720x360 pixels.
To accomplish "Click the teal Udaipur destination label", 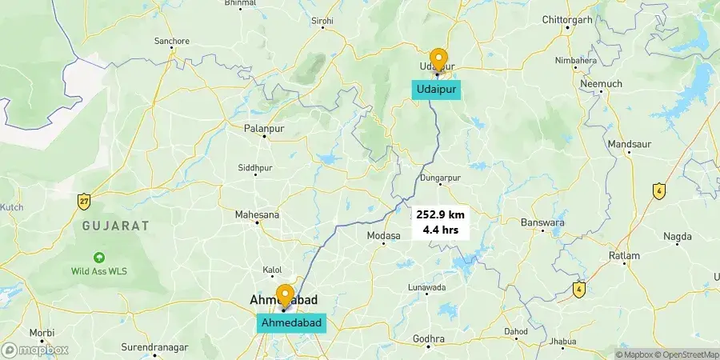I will tap(437, 90).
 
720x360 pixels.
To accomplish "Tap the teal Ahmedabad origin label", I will tap(292, 322).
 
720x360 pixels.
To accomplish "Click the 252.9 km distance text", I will tap(440, 214).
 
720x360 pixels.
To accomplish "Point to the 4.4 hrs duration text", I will tap(440, 230).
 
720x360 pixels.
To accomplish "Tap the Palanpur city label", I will tap(265, 127).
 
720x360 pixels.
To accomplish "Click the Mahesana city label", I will tap(257, 214).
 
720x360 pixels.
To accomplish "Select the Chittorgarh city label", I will tap(566, 19).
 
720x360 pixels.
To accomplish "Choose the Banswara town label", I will tap(543, 222).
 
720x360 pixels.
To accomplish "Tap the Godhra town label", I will tap(429, 339).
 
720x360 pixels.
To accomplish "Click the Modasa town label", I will tap(382, 235).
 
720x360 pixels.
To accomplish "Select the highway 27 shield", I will tap(84, 202).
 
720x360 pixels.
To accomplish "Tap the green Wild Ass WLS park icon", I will tap(99, 258).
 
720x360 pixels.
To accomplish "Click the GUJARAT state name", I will tap(116, 226).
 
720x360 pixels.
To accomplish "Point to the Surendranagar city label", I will tap(154, 347).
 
